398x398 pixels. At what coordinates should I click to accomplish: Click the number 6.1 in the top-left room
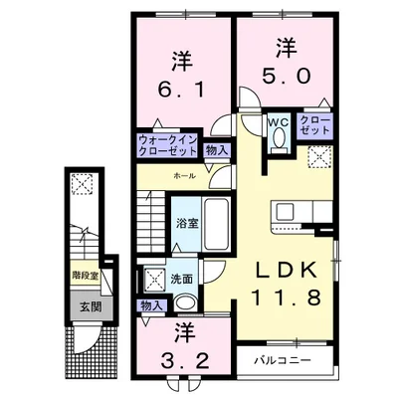181,89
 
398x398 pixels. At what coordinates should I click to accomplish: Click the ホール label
183,174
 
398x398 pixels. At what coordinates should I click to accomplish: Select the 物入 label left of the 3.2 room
151,305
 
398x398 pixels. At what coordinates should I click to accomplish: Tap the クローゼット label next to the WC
317,126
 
